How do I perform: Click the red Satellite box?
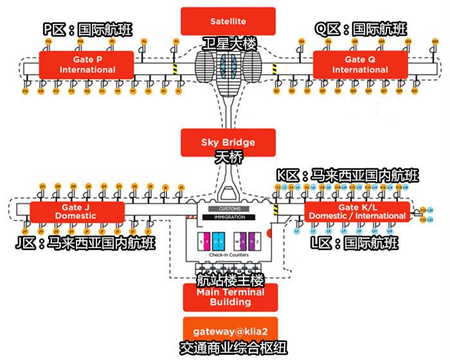tap(228, 21)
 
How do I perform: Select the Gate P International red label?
tap(86, 65)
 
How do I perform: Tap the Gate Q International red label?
tap(360, 64)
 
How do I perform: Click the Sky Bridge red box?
tap(228, 142)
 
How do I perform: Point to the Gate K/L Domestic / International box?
tap(357, 212)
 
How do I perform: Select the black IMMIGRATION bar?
tap(229, 217)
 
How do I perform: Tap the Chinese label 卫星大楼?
tap(229, 44)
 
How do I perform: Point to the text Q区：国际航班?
tap(361, 29)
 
